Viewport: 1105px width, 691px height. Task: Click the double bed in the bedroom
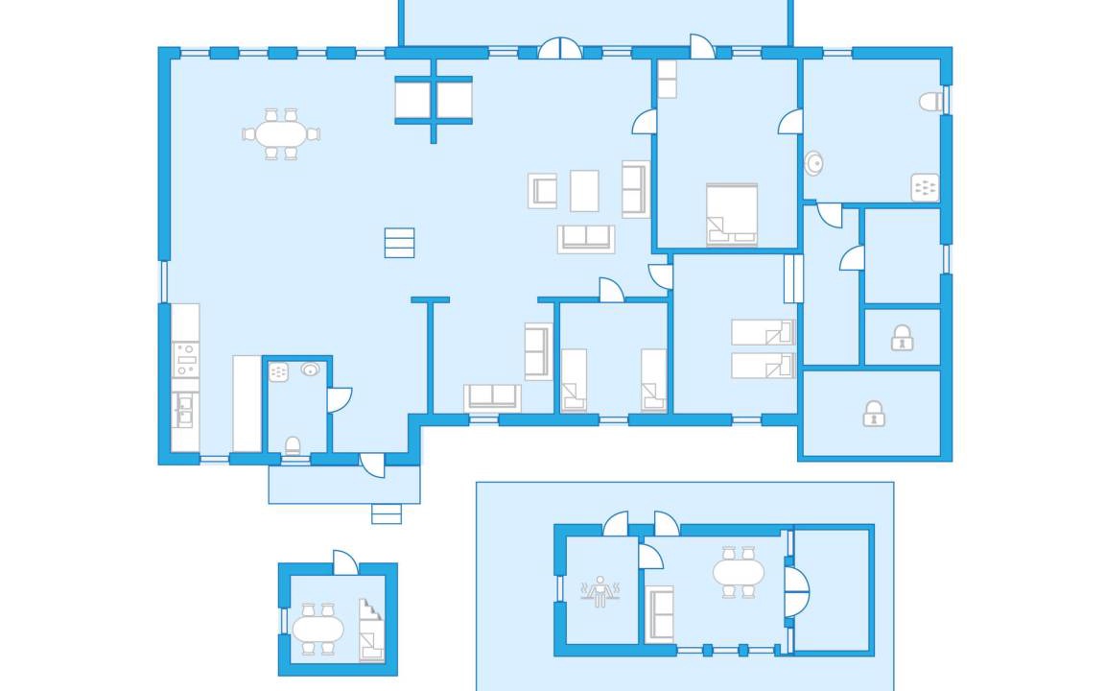pyautogui.click(x=732, y=213)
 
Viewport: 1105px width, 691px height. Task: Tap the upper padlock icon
pyautogui.click(x=902, y=338)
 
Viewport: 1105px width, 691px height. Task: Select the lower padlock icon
pyautogui.click(x=873, y=414)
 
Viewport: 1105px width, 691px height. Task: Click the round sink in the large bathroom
pyautogui.click(x=814, y=163)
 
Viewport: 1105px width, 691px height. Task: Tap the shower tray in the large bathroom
pyautogui.click(x=925, y=187)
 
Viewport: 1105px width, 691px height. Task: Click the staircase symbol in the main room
pyautogui.click(x=399, y=243)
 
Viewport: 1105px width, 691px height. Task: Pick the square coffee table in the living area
pyautogui.click(x=584, y=190)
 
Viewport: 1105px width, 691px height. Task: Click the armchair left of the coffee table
pyautogui.click(x=543, y=190)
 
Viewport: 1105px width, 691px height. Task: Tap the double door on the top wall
pyautogui.click(x=559, y=49)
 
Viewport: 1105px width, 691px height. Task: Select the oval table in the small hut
pyautogui.click(x=317, y=630)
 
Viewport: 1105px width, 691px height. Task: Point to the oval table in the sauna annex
pyautogui.click(x=739, y=572)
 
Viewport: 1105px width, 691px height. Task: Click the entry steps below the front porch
pyautogui.click(x=387, y=513)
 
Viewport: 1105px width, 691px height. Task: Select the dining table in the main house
pyautogui.click(x=279, y=133)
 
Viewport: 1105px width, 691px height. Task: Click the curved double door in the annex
pyautogui.click(x=795, y=591)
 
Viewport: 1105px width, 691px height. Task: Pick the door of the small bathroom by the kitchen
pyautogui.click(x=339, y=399)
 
